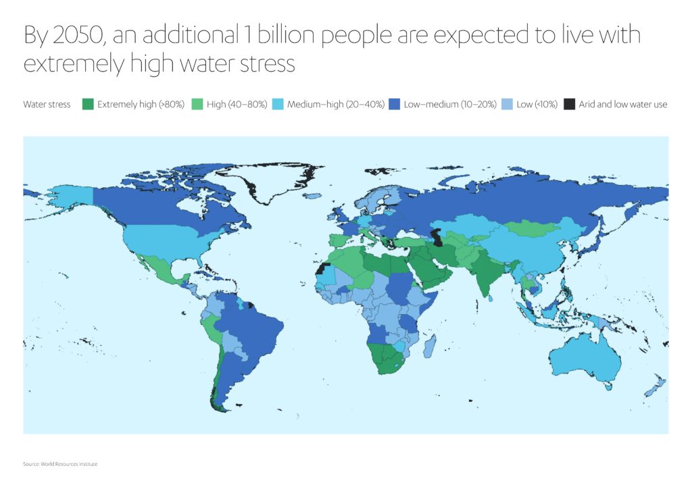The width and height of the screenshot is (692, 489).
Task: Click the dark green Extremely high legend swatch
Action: [86, 104]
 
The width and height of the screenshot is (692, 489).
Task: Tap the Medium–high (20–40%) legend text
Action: [336, 105]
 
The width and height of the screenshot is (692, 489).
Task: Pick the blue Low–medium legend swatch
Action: [395, 104]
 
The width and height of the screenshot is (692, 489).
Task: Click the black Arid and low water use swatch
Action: [570, 104]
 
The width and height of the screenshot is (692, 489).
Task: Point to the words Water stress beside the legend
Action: [47, 105]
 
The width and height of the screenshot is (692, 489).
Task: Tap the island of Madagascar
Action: [428, 346]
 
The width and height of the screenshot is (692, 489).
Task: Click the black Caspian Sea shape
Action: [439, 238]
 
